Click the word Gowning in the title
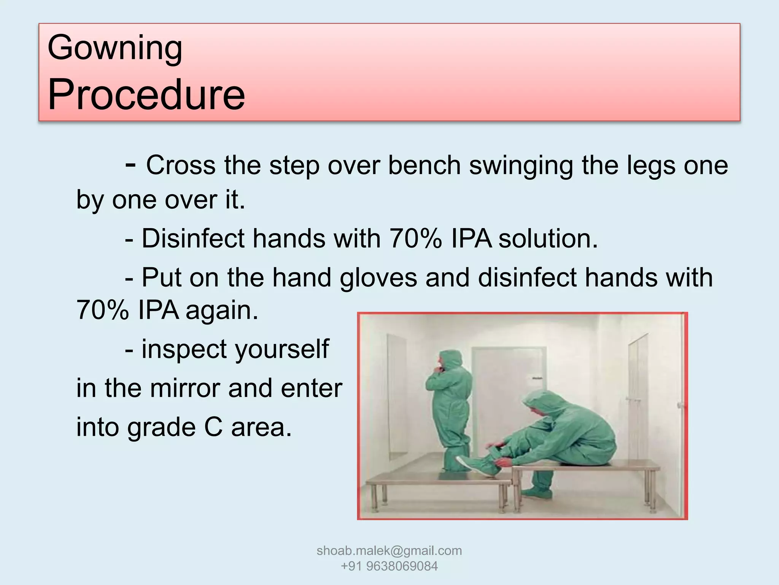point(115,48)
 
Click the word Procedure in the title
point(146,94)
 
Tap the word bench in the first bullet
point(424,166)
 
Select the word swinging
point(521,166)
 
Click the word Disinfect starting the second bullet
point(193,239)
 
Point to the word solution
point(548,239)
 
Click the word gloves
point(378,278)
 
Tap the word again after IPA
point(222,311)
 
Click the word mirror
point(185,388)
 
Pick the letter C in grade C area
point(213,427)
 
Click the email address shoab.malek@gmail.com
point(389,551)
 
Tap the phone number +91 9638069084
point(389,566)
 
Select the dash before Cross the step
point(130,165)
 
